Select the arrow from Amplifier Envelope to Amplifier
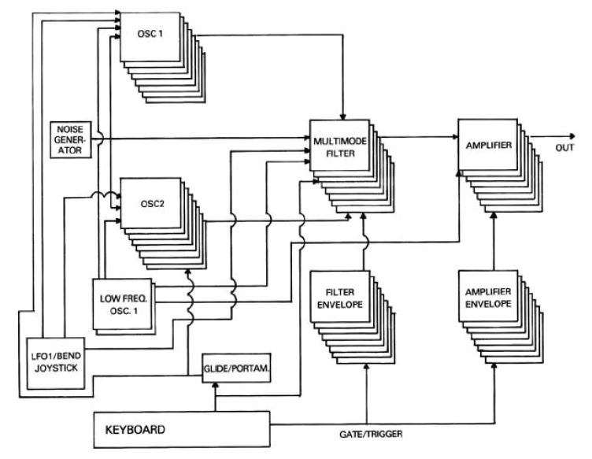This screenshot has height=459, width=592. [494, 240]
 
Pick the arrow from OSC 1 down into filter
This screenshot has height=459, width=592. [343, 79]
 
